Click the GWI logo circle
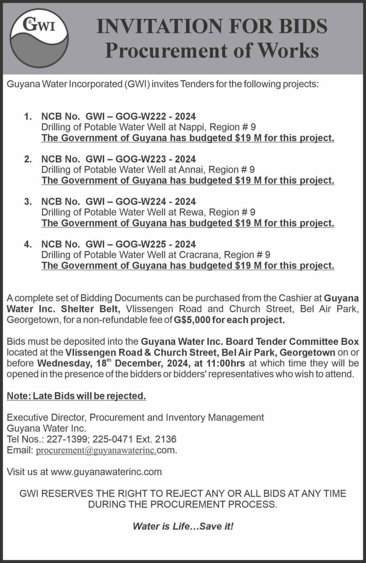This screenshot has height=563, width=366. point(39,38)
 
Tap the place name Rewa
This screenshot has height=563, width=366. point(192,212)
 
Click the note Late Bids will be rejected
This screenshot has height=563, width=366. point(76,396)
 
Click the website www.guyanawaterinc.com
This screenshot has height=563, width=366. point(106,472)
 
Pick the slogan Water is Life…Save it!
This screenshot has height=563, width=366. point(183,526)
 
